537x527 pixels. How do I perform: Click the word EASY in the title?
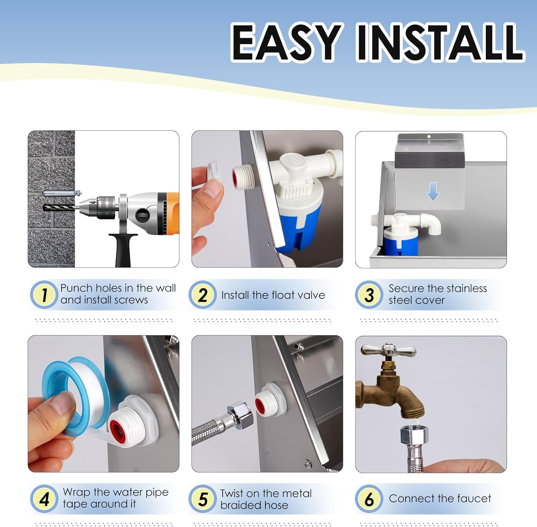click(x=286, y=42)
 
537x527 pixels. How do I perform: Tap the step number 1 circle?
click(x=44, y=295)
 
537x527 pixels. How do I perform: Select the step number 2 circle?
click(x=203, y=295)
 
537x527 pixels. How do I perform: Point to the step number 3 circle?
click(x=369, y=295)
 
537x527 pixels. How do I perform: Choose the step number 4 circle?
click(x=44, y=499)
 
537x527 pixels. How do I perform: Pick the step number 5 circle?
click(x=203, y=499)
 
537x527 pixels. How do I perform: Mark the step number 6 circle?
click(x=369, y=499)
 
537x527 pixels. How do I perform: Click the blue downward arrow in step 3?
click(x=433, y=192)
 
